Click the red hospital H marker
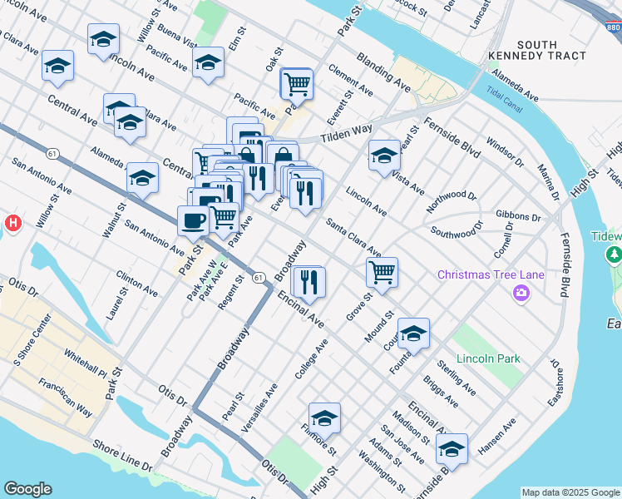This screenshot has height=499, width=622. click(x=12, y=223)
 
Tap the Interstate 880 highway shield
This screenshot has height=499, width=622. click(x=613, y=28)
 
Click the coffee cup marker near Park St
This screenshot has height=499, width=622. click(x=194, y=221)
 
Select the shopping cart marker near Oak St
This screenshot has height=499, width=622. click(x=296, y=83)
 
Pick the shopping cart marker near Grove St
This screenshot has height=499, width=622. click(x=382, y=271)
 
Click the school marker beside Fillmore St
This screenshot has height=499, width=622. click(x=324, y=417)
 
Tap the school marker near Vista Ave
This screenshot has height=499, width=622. click(x=384, y=155)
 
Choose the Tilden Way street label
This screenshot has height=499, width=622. click(x=348, y=133)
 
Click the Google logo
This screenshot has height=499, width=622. click(x=27, y=489)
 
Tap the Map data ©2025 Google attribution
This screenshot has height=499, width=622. click(x=570, y=492)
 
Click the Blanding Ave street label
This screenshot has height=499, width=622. click(x=383, y=72)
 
